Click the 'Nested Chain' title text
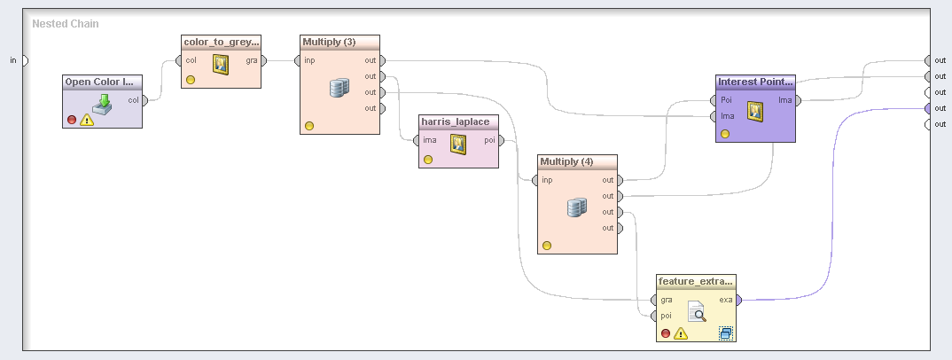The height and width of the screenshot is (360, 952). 65,23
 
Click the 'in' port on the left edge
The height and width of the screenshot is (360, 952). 24,60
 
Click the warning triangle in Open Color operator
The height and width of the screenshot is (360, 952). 87,120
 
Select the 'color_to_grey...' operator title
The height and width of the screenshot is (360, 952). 222,42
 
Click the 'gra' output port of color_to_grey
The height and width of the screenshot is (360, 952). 264,60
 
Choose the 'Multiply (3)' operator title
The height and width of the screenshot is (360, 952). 329,42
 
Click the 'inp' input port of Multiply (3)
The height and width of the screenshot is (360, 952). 298,60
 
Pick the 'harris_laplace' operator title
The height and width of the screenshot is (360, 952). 455,121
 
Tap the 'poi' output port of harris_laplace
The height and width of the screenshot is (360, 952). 502,140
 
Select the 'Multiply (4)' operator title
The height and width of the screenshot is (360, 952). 566,161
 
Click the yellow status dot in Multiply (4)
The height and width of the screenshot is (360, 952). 547,245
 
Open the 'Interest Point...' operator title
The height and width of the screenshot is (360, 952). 755,82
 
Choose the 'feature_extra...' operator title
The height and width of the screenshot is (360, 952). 696,281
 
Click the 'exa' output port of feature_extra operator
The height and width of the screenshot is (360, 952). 739,300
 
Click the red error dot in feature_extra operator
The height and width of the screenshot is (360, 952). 665,333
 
